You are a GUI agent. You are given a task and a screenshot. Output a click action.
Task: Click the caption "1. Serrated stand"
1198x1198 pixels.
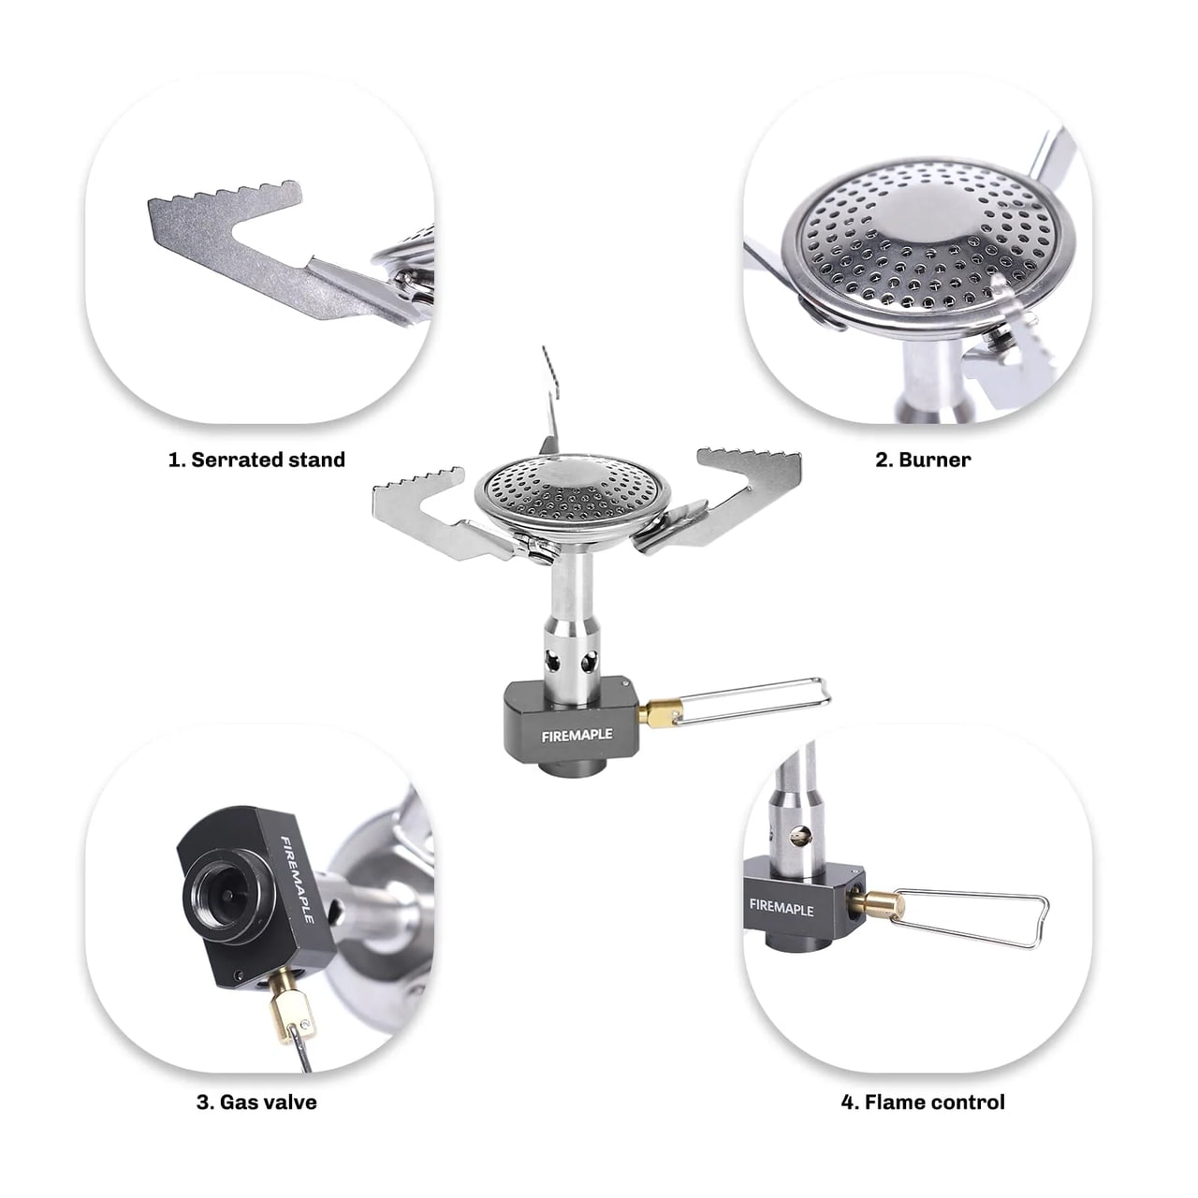(x=256, y=460)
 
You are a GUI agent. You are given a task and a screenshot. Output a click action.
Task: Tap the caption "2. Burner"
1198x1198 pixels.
(x=923, y=460)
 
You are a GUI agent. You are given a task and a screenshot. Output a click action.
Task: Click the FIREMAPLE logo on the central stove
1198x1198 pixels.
(x=577, y=736)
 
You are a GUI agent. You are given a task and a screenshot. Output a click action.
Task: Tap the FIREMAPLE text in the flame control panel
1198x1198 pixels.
(x=782, y=908)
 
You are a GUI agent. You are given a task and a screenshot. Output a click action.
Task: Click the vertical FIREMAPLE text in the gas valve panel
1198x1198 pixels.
(x=298, y=880)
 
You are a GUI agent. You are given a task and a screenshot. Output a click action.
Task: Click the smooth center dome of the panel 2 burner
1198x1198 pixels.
(x=928, y=216)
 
